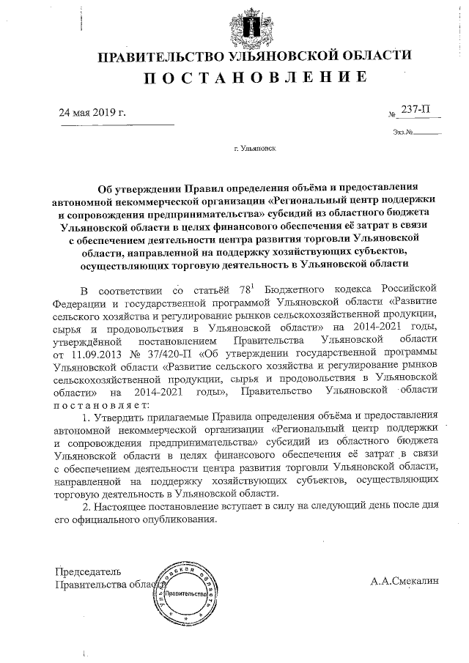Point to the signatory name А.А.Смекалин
404,580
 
